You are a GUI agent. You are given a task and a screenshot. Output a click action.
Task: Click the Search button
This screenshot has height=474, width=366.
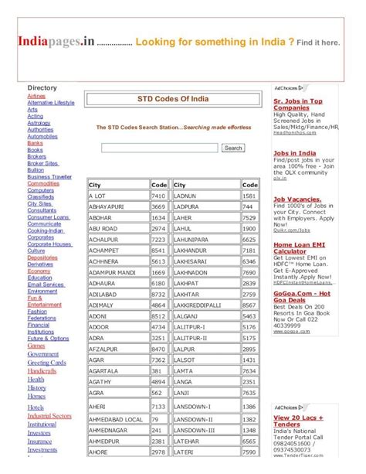tap(232, 148)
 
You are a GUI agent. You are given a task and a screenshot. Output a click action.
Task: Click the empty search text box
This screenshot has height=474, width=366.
tap(159, 148)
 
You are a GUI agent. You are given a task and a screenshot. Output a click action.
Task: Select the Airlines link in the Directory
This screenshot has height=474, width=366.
tap(36, 96)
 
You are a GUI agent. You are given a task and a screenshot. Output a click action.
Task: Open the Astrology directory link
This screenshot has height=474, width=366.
tap(39, 123)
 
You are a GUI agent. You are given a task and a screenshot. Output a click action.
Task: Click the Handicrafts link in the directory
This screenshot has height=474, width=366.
tap(42, 371)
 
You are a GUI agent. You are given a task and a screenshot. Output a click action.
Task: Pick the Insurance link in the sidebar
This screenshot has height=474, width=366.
tap(41, 442)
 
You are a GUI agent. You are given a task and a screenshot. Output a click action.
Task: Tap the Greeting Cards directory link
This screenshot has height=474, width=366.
tap(46, 363)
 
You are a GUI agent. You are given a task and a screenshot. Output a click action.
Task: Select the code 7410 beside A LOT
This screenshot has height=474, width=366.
tap(158, 196)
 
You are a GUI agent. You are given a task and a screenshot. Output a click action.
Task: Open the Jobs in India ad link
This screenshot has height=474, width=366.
tap(294, 153)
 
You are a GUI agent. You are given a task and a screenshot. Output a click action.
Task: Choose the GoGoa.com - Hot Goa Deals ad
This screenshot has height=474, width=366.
tap(301, 297)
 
